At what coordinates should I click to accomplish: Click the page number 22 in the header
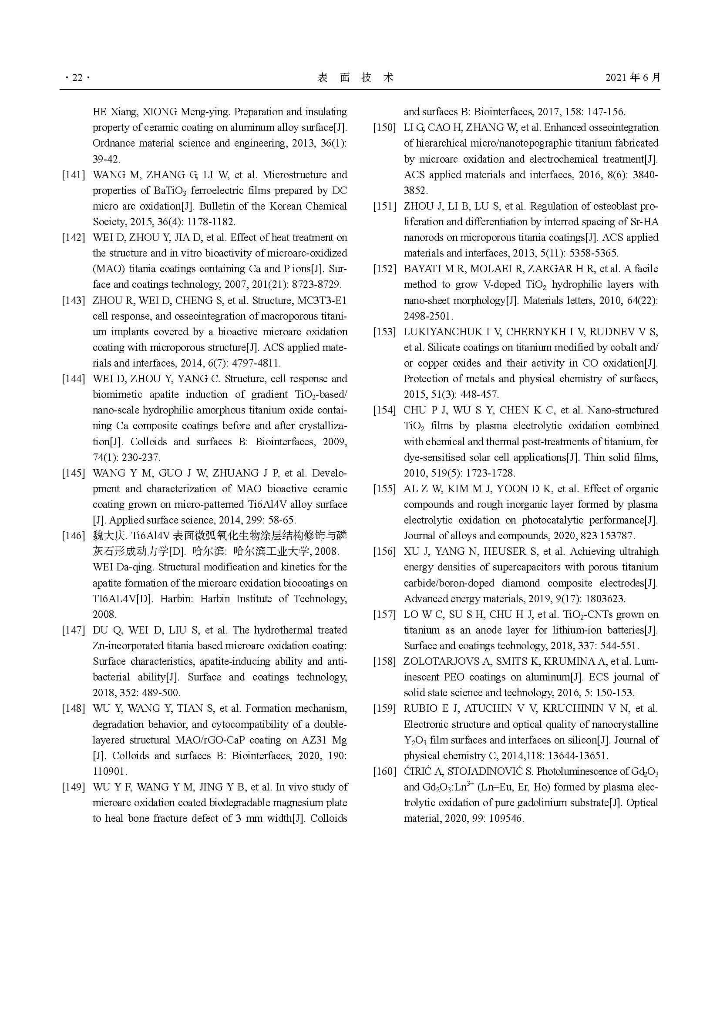click(x=77, y=78)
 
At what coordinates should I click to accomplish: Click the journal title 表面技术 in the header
click(x=356, y=78)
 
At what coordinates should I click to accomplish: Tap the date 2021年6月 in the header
click(x=633, y=78)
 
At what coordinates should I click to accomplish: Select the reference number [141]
click(x=73, y=175)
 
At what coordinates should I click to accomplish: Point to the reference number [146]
click(x=73, y=536)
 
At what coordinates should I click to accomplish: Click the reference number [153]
click(x=384, y=332)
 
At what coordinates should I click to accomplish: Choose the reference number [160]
click(x=384, y=771)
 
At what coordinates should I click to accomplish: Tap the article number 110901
click(x=110, y=771)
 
